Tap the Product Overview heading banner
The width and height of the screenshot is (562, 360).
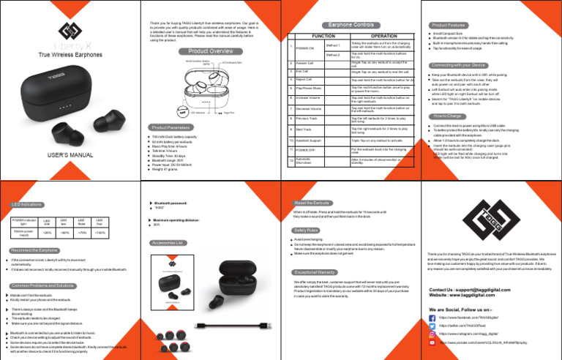click(x=211, y=51)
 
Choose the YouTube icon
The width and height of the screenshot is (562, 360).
click(x=432, y=342)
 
